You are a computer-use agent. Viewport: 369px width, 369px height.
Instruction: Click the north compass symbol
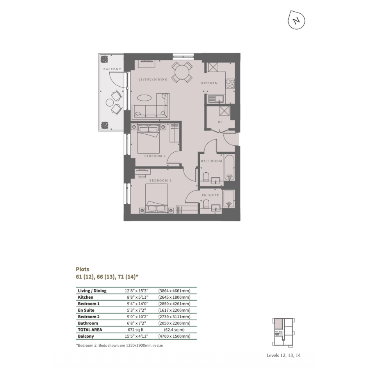tap(296, 20)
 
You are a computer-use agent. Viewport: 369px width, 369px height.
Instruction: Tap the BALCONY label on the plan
tap(112, 69)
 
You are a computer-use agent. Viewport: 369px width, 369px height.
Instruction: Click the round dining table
tap(182, 72)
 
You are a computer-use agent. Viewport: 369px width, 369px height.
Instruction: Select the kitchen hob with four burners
tap(230, 83)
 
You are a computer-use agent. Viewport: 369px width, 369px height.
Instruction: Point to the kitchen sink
tap(216, 99)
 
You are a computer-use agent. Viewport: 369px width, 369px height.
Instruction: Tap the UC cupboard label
tap(220, 122)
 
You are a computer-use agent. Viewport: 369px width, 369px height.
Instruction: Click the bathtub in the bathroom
tap(229, 168)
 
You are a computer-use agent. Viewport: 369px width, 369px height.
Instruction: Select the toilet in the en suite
tap(206, 204)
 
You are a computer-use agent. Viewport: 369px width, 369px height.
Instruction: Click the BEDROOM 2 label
tap(155, 156)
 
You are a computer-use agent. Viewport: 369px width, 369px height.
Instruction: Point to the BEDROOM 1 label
tap(160, 180)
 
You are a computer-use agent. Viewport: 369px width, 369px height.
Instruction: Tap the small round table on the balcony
tap(110, 103)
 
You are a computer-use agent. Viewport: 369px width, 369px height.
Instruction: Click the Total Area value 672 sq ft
tap(135, 330)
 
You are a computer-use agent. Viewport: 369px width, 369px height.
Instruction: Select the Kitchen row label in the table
tap(86, 297)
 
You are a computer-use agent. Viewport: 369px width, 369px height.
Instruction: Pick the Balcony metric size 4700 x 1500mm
tap(174, 336)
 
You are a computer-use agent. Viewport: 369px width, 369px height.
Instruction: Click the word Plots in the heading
tap(83, 269)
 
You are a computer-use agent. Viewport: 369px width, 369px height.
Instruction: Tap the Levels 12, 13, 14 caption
tap(283, 355)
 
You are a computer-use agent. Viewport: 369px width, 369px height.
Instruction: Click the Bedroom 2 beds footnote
tap(119, 346)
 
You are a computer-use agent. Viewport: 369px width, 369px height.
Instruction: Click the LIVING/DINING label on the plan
tap(153, 80)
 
